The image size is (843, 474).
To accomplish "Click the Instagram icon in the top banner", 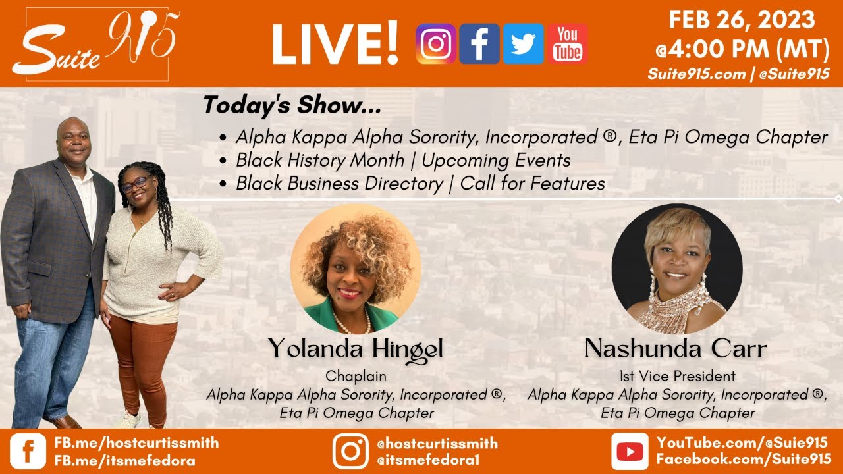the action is (436, 43).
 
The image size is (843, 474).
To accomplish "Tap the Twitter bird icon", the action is (524, 43).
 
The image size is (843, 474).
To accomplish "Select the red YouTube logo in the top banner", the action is (568, 43).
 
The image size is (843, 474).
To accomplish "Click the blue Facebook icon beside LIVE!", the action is (479, 43).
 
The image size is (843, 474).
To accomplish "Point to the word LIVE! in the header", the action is (335, 43).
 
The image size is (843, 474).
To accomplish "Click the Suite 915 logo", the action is (97, 43).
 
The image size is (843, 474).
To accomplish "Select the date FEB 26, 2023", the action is (742, 20).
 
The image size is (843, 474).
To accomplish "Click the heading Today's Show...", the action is (292, 105).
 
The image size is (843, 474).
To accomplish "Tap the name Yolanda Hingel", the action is (356, 350).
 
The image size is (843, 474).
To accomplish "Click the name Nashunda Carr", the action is (676, 349).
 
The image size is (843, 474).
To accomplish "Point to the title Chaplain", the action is (356, 376).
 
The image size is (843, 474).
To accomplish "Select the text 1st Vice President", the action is (677, 376).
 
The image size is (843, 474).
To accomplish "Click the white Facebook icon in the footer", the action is (28, 451).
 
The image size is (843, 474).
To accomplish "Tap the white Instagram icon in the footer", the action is (350, 451).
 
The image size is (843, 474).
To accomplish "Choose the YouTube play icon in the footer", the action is (630, 451).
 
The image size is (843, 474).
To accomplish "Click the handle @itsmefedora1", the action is (428, 460).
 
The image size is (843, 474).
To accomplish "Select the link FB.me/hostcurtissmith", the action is (136, 442).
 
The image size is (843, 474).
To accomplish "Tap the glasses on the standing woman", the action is (136, 184).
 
